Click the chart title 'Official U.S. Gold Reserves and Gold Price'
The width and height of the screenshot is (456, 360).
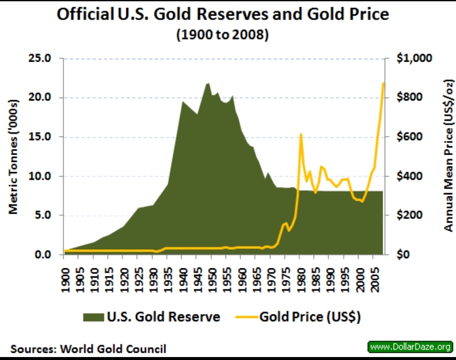223,15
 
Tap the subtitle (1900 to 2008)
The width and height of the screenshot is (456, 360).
223,34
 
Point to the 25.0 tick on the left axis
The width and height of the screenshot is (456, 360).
40,58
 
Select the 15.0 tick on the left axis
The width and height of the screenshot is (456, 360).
40,137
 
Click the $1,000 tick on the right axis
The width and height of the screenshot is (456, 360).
415,58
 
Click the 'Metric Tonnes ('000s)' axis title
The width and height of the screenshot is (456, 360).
14,156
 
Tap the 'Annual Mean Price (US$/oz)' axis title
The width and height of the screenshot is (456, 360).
448,155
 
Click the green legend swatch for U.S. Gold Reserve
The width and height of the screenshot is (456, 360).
94,317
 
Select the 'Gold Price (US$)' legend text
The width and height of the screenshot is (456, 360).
310,317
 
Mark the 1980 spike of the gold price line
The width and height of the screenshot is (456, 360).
301,134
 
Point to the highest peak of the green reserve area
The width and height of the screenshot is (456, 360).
207,83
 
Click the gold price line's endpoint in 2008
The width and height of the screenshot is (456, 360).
383,83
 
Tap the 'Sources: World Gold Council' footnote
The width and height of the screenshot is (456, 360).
88,349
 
